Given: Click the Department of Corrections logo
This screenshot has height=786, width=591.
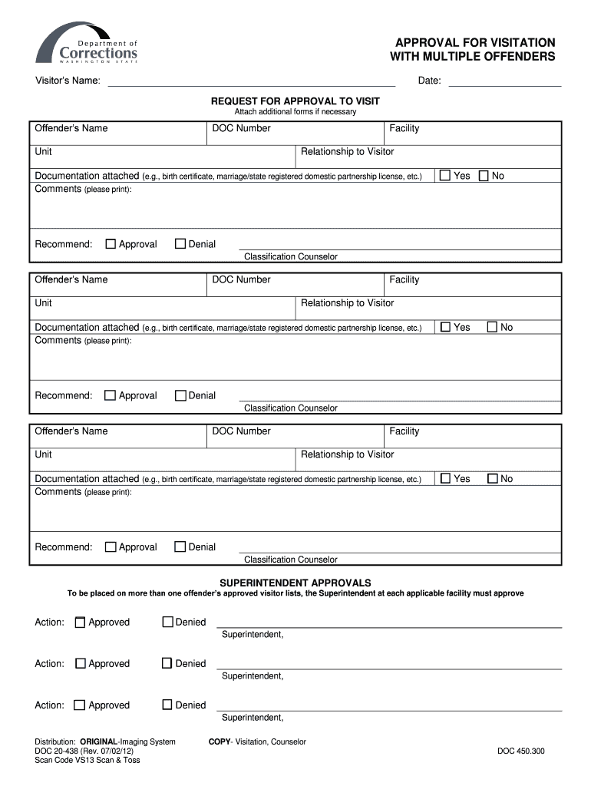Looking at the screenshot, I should tap(86, 44).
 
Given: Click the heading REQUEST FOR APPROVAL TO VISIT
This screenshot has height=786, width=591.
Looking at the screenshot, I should tap(295, 101).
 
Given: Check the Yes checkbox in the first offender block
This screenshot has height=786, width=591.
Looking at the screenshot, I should tap(445, 176).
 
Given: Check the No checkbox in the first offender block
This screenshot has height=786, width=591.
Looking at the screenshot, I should tap(484, 176).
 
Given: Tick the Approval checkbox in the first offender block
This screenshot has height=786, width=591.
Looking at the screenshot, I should tap(111, 244).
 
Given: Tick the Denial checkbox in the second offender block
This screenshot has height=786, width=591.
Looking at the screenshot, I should tap(180, 396).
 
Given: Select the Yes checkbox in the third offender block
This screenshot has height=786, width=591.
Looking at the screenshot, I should tap(445, 479).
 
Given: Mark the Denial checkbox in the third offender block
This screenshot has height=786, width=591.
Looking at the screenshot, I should tap(180, 547).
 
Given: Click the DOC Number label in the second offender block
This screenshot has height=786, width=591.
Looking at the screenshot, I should tap(241, 279).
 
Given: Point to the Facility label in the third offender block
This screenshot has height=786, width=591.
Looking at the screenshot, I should tap(404, 431).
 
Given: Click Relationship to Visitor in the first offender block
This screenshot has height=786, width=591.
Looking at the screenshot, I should tap(347, 152).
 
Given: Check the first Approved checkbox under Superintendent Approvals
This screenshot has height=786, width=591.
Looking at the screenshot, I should tap(80, 623).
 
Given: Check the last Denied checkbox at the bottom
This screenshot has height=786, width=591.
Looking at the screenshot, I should tap(167, 705).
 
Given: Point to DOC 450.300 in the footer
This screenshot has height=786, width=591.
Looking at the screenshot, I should tap(520, 751).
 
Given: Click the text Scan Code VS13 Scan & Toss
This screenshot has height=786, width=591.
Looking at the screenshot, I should tap(87, 760).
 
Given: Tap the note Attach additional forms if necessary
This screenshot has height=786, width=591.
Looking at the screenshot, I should tap(295, 112).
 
